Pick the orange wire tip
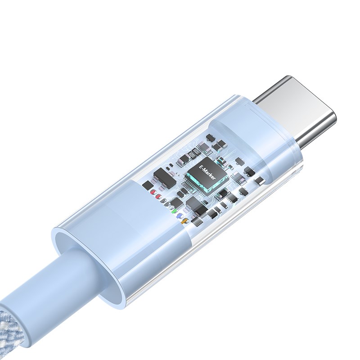pyautogui.click(x=184, y=221)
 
